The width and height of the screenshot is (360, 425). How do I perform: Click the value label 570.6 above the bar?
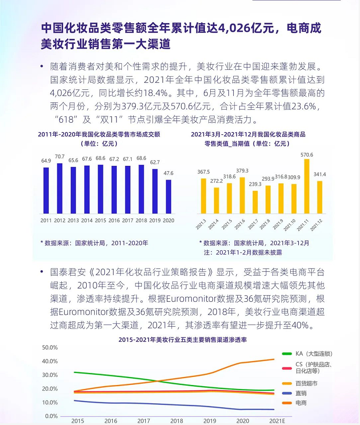pyautogui.click(x=307, y=155)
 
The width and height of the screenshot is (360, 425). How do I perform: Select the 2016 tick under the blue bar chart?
pyautogui.click(x=114, y=221)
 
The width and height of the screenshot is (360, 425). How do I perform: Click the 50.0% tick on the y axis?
pyautogui.click(x=50, y=347)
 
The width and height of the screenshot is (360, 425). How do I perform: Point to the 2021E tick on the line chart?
pyautogui.click(x=278, y=421)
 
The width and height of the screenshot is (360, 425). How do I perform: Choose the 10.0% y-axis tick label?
pyautogui.click(x=50, y=402)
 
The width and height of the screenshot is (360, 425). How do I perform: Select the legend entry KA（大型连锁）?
pyautogui.click(x=314, y=354)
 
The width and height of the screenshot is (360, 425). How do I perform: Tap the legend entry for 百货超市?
pyautogui.click(x=307, y=383)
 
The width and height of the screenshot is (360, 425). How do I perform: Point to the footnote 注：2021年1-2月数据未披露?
pyautogui.click(x=243, y=252)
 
